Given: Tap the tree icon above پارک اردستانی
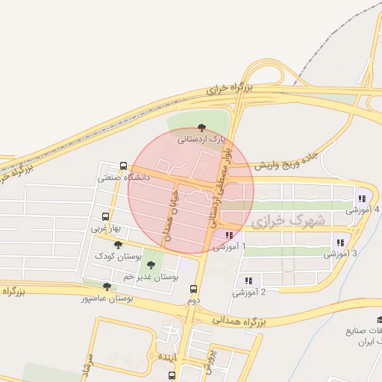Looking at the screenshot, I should pyautogui.click(x=201, y=128).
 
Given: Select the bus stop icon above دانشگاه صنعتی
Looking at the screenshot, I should pyautogui.click(x=123, y=166).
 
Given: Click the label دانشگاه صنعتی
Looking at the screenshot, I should pyautogui.click(x=125, y=178).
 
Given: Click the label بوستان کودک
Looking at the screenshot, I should pyautogui.click(x=118, y=256).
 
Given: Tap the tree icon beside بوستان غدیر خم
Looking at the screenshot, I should pyautogui.click(x=151, y=265).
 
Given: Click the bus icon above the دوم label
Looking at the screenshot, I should pyautogui.click(x=194, y=289).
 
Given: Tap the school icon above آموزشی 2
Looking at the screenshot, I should pyautogui.click(x=248, y=281).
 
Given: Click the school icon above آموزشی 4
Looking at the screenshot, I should pyautogui.click(x=362, y=199).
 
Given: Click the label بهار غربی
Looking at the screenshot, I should pyautogui.click(x=100, y=228).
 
